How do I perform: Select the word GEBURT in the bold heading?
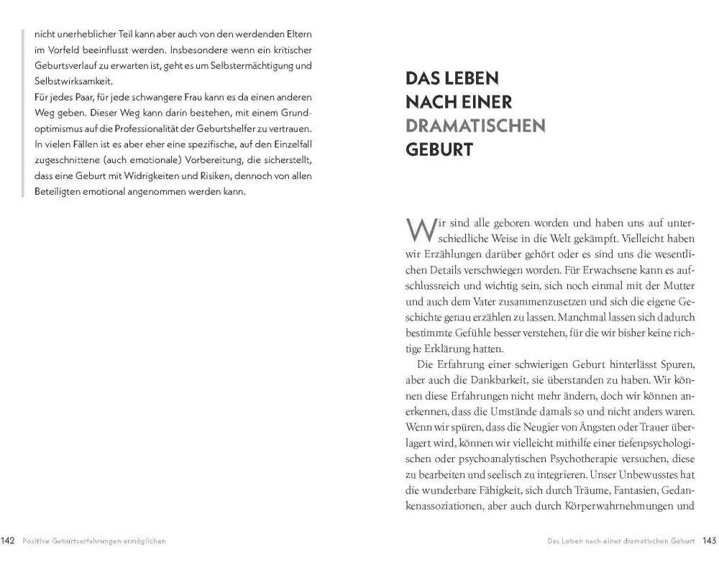[439, 151]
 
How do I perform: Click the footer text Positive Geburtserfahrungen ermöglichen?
[94, 541]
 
